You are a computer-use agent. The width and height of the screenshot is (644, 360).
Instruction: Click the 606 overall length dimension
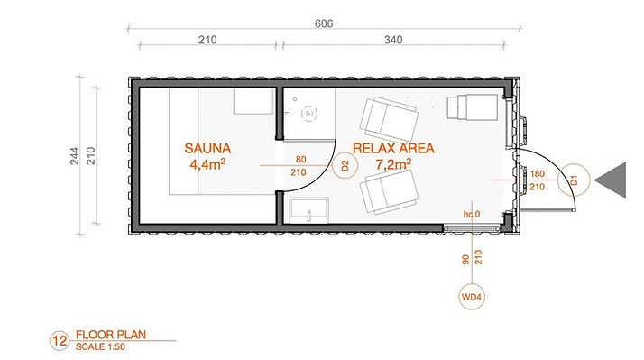(x=324, y=23)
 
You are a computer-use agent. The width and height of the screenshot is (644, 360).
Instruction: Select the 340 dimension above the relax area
(x=393, y=40)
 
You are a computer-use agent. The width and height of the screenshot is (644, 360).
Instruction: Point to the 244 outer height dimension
(x=74, y=156)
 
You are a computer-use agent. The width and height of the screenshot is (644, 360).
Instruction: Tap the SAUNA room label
(x=207, y=148)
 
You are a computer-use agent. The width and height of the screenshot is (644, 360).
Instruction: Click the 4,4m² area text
(x=207, y=164)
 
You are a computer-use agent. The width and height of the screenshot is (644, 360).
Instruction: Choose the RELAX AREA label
(x=393, y=148)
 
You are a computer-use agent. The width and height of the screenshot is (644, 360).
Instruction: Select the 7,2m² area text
(x=393, y=164)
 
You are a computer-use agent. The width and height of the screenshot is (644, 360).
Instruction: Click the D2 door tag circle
(x=345, y=166)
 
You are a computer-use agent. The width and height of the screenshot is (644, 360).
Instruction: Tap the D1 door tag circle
(x=574, y=180)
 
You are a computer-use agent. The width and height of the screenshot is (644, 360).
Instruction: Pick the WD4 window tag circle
(x=471, y=296)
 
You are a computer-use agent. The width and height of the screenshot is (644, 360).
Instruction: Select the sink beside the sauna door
(x=308, y=210)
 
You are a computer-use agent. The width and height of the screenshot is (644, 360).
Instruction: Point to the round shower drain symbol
(x=309, y=114)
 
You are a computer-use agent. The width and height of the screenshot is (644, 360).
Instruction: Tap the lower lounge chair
(x=389, y=192)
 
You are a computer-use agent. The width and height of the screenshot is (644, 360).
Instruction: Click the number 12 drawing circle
(x=60, y=341)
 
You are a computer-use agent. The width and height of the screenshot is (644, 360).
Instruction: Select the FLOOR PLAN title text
(x=111, y=335)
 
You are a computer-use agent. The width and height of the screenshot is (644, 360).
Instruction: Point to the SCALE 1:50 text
(x=100, y=346)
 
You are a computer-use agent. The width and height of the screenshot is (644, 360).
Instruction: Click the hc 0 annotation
(x=472, y=214)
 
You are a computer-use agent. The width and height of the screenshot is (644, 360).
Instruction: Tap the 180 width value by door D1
(x=538, y=173)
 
